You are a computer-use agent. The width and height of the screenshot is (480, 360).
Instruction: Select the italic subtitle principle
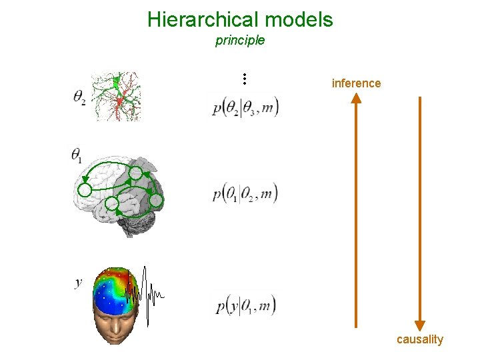tap(240, 41)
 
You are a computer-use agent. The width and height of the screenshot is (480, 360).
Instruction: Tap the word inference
tap(356, 83)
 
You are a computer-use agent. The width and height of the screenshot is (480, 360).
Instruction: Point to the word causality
tap(419, 339)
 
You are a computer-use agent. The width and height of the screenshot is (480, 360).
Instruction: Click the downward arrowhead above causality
tap(419, 325)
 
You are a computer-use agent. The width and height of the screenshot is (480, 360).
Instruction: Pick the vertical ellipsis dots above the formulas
tap(245, 79)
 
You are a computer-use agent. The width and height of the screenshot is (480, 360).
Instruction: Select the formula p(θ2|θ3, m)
tap(245, 108)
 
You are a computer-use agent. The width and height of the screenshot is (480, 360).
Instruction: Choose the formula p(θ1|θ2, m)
tap(245, 194)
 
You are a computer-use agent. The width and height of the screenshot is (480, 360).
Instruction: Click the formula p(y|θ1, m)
tap(245, 306)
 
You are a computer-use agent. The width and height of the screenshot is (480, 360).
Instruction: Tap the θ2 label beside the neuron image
tap(79, 97)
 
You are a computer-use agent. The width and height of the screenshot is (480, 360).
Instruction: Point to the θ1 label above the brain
tap(77, 156)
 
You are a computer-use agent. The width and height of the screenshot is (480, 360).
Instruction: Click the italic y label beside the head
tap(79, 283)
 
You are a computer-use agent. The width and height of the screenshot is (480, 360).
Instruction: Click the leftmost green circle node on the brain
tap(85, 189)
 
